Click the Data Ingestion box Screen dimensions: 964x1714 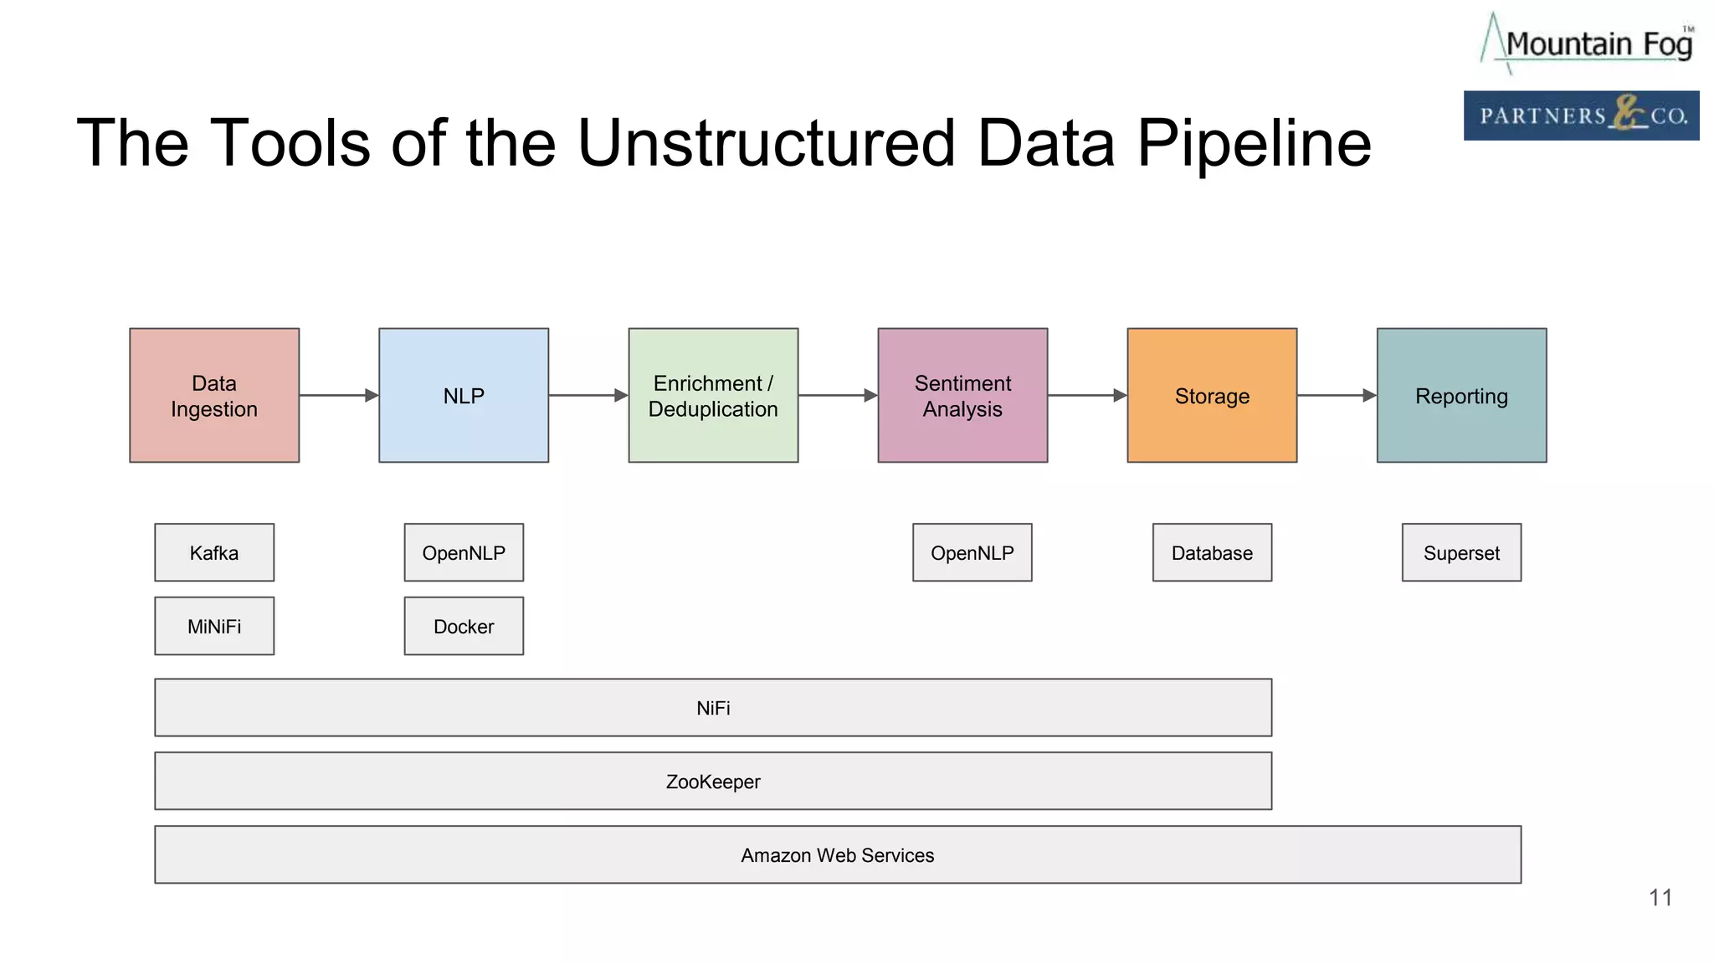(214, 395)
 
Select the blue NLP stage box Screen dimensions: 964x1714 (464, 395)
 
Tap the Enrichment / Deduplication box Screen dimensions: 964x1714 (713, 395)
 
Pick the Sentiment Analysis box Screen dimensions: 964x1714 (962, 395)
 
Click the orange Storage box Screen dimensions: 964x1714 (1212, 395)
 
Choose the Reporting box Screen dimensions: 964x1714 (1461, 395)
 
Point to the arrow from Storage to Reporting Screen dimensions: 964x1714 (1337, 395)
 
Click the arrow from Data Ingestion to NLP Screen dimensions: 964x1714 (339, 395)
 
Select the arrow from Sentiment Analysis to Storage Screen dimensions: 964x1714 (1087, 395)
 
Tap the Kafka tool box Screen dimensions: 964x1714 (214, 552)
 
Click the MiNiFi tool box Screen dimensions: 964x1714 (214, 626)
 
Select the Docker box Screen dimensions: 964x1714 (464, 626)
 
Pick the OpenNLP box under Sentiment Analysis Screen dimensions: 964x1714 (972, 552)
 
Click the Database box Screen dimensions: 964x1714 (1212, 552)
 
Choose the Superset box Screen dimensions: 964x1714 (1461, 552)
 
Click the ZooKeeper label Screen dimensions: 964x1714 (713, 782)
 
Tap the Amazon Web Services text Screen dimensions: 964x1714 (837, 855)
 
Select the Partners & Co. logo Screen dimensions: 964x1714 (1581, 115)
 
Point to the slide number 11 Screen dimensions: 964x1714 (1660, 898)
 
